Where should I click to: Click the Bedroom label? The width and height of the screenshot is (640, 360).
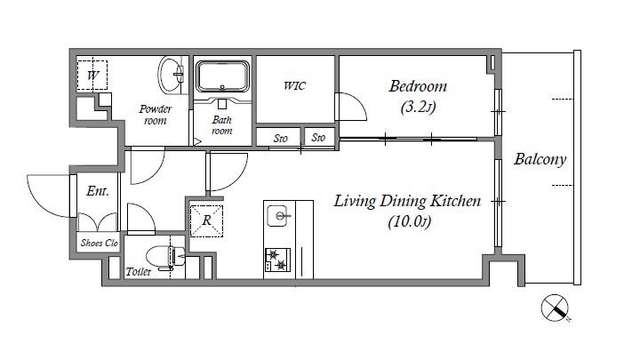point(418,86)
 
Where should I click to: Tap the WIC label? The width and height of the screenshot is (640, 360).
point(294,86)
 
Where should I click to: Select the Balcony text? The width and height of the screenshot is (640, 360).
point(540,159)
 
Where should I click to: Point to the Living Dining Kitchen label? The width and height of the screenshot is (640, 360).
point(407,201)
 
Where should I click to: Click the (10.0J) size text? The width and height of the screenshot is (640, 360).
point(410,222)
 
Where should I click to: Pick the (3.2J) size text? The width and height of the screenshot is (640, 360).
point(419,108)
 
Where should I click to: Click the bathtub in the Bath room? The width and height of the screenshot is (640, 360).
point(222,76)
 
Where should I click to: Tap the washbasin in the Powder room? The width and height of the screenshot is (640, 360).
point(171,75)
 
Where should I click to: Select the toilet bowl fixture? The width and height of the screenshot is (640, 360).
point(165,257)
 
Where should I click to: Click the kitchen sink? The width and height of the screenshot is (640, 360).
point(279,215)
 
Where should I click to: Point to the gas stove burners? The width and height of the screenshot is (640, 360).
point(277,260)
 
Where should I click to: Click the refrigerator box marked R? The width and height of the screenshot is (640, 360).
point(206,220)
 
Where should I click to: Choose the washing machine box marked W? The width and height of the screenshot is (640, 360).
point(92,75)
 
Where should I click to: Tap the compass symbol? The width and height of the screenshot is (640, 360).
point(555,308)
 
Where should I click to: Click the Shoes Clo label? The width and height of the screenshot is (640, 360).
point(100,243)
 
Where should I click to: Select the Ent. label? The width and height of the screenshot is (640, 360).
point(98,191)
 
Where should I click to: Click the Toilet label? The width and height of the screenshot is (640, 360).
point(138,271)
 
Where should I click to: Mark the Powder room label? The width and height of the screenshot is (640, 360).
point(155,115)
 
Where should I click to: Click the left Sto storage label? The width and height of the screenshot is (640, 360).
point(280,139)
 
